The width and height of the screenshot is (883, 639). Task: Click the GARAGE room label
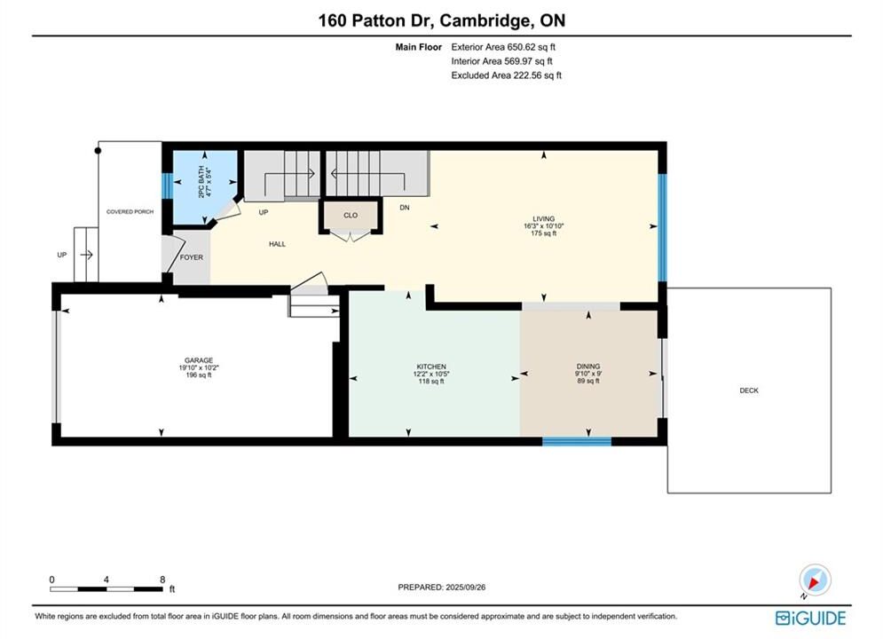click(199, 360)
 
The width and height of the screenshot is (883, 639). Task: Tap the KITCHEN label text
click(431, 367)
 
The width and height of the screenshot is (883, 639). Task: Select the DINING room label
click(587, 366)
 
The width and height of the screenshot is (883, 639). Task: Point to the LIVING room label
click(543, 219)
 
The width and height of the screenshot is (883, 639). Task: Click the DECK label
click(749, 390)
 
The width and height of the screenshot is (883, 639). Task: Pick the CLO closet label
click(351, 215)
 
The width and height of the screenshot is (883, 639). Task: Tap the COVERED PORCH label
click(130, 212)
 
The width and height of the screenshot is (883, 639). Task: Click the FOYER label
click(192, 257)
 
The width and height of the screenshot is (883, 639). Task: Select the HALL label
click(277, 244)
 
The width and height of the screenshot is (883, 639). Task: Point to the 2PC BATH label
click(201, 182)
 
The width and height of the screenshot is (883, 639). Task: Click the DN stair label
click(405, 208)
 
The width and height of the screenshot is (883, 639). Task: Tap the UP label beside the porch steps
click(62, 255)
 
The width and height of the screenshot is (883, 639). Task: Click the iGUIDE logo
click(810, 619)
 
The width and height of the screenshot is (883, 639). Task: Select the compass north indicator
click(815, 580)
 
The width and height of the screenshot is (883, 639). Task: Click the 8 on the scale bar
click(162, 580)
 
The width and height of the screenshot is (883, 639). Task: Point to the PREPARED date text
click(442, 588)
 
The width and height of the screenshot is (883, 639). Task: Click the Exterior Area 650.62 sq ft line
click(503, 47)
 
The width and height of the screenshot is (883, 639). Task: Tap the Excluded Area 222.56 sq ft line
click(506, 75)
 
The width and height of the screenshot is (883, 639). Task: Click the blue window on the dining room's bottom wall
click(577, 441)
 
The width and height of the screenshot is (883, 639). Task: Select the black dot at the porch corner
click(98, 150)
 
